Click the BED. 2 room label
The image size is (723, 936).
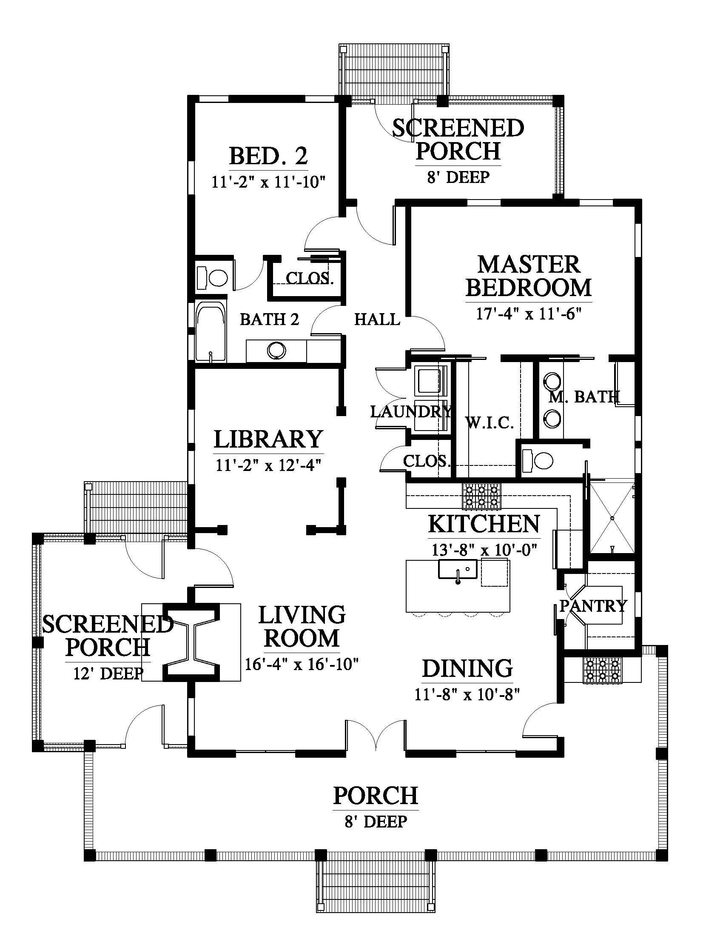pyautogui.click(x=268, y=156)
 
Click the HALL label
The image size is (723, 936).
pyautogui.click(x=377, y=319)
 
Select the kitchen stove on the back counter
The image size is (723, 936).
pyautogui.click(x=481, y=496)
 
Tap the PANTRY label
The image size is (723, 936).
pyautogui.click(x=593, y=605)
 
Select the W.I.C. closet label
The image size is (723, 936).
pyautogui.click(x=490, y=423)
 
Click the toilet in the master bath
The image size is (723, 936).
pyautogui.click(x=538, y=461)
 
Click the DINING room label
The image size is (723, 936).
pyautogui.click(x=467, y=669)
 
